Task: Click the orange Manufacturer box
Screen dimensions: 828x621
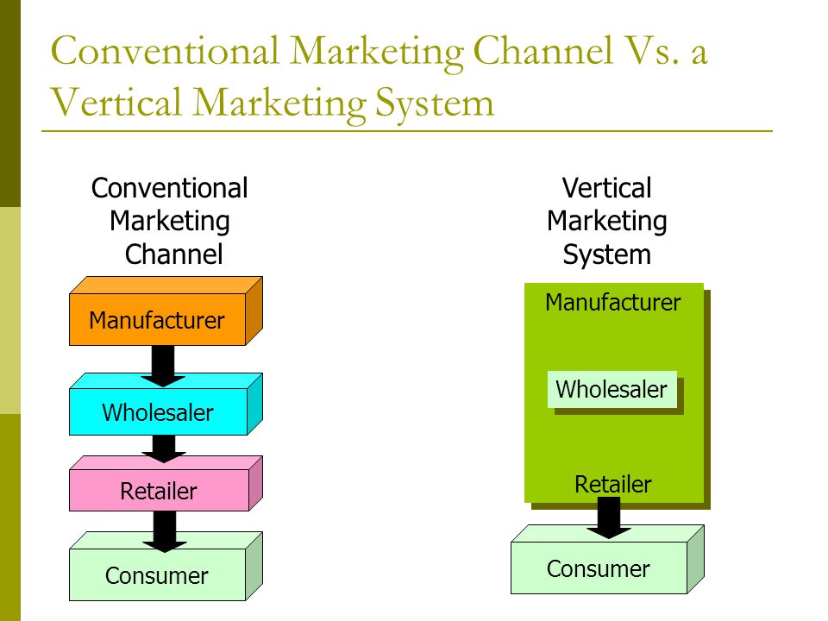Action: pyautogui.click(x=166, y=311)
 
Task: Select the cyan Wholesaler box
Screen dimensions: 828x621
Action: pyautogui.click(x=166, y=405)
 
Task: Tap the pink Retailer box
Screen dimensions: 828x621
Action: pyautogui.click(x=166, y=483)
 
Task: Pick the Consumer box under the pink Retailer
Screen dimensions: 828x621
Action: pyautogui.click(x=166, y=566)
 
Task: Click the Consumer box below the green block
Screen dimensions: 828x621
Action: pyautogui.click(x=607, y=559)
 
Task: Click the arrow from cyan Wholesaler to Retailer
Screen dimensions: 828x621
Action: pyautogui.click(x=164, y=448)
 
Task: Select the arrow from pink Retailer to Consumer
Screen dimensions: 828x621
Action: pyautogui.click(x=165, y=531)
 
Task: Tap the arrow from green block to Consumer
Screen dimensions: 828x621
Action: pyautogui.click(x=609, y=518)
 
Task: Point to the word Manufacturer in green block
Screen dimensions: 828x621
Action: pyautogui.click(x=612, y=303)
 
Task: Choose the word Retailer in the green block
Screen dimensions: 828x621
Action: pyautogui.click(x=612, y=484)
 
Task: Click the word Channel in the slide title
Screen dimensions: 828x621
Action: pyautogui.click(x=543, y=51)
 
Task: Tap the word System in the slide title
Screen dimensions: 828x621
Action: pyautogui.click(x=435, y=103)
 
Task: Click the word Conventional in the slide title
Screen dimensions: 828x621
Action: pyautogui.click(x=164, y=51)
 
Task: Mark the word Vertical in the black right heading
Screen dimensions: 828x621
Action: pyautogui.click(x=606, y=188)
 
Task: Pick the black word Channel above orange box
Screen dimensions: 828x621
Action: pyautogui.click(x=173, y=254)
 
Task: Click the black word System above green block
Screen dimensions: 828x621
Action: pyautogui.click(x=606, y=255)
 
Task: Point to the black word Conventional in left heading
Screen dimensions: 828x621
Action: pyautogui.click(x=170, y=188)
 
